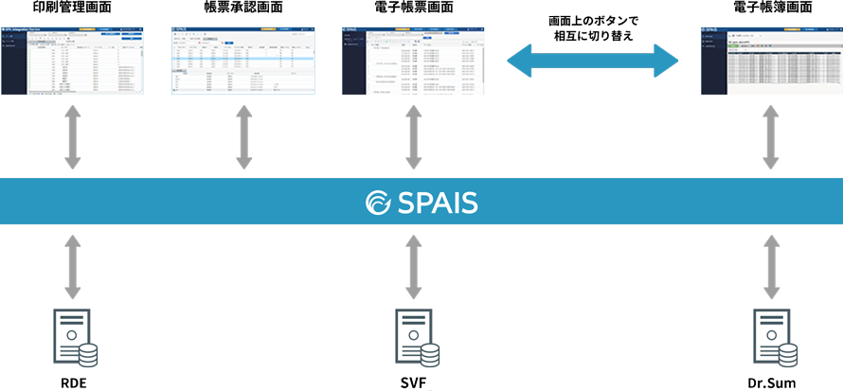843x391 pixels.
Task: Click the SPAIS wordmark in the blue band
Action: point(437,203)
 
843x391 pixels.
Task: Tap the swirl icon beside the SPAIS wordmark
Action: point(378,203)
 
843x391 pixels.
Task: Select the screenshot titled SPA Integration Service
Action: point(73,60)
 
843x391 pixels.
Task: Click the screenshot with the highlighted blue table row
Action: point(243,60)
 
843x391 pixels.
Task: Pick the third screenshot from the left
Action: point(413,60)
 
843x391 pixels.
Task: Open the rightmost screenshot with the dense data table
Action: point(772,60)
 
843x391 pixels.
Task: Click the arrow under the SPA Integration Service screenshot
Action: point(73,136)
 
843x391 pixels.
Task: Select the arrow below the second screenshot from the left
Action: point(243,136)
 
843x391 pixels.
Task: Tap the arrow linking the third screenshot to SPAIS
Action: point(413,136)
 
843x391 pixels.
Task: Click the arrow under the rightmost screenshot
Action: point(772,136)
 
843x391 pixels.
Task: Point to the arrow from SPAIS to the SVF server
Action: point(413,267)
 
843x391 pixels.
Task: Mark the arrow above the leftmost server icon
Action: point(73,267)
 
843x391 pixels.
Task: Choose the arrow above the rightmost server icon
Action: point(772,267)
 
